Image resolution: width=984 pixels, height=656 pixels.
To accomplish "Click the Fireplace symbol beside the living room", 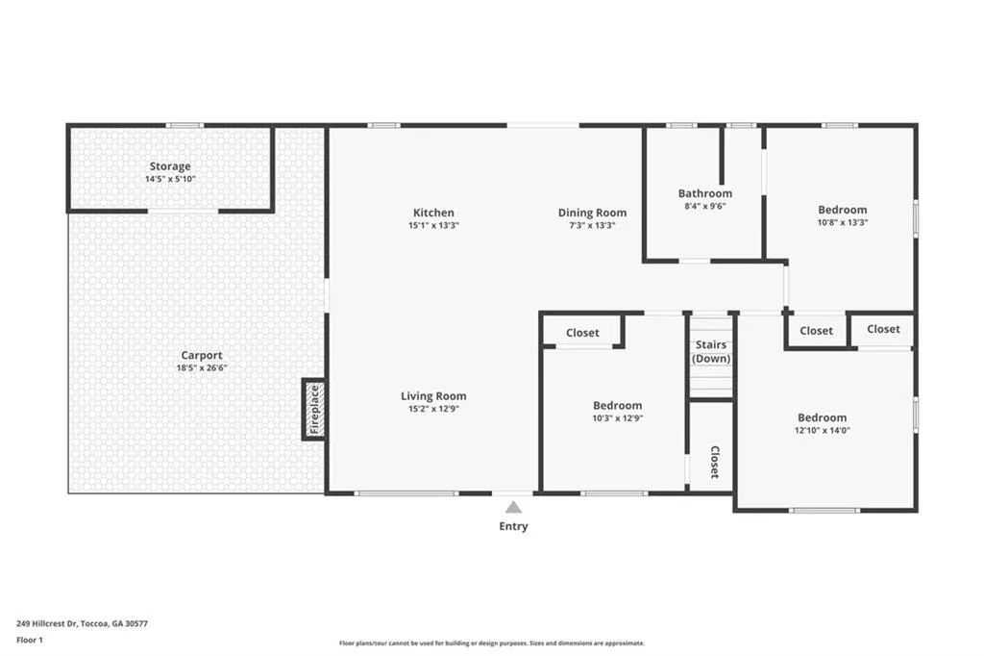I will point(313,410).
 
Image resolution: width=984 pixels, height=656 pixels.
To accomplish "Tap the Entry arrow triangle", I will point(514,507).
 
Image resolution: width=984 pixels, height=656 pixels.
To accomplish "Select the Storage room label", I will point(170,166).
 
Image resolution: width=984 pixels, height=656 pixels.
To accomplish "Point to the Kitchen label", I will point(433,213).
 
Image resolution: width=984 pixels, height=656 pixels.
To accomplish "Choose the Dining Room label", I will point(592,213).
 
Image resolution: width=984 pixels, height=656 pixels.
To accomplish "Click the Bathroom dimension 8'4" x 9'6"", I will point(704,206).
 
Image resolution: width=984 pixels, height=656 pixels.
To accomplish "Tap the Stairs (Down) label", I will point(711,352).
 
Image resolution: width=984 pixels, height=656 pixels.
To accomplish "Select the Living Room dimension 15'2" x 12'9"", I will point(433,410).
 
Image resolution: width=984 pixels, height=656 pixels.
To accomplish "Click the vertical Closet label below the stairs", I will point(714,462).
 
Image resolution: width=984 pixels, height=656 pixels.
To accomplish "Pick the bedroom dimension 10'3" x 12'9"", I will point(617,418).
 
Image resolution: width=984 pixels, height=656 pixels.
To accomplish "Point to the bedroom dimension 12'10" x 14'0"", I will point(823,431).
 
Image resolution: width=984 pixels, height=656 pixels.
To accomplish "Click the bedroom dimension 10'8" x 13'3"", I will point(842,223).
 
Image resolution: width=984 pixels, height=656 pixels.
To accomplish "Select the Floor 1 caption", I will point(31,639).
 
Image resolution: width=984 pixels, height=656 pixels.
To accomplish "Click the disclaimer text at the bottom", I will point(491,643).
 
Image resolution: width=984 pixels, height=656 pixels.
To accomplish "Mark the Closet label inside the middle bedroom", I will point(582,333).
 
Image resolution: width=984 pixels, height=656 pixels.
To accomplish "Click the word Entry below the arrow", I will point(513,526).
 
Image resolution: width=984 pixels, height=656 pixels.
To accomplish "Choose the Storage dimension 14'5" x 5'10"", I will point(170,179).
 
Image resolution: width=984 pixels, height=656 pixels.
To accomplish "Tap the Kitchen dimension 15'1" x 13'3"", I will point(433,225).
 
